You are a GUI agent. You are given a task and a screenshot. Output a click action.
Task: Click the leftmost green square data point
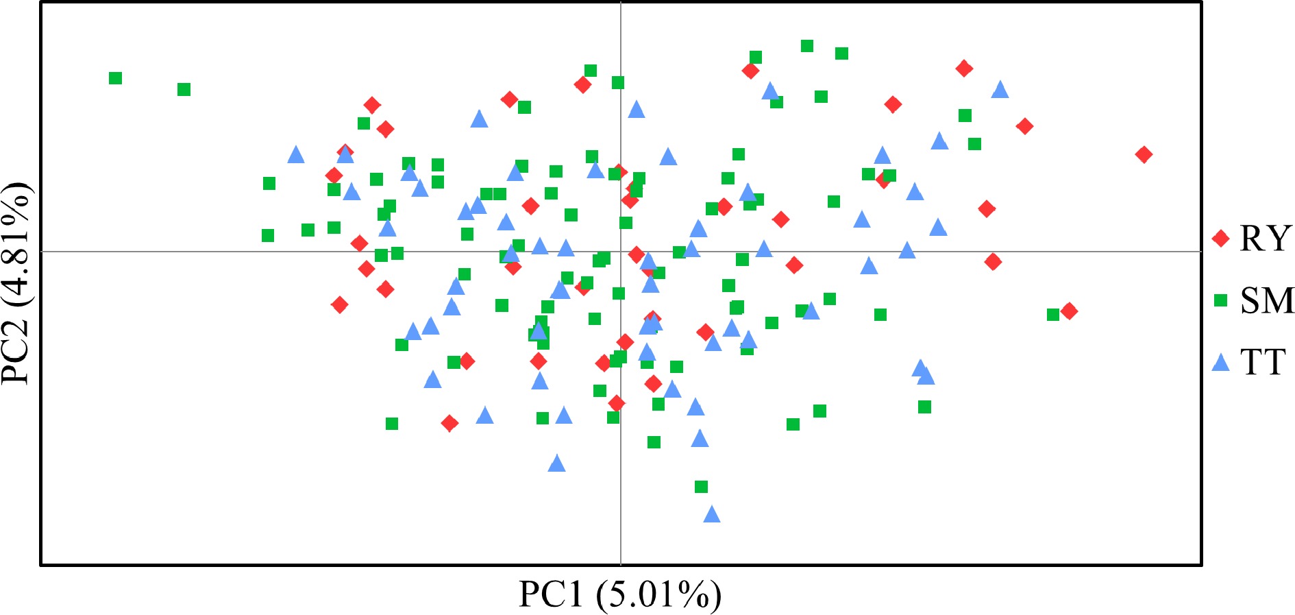click(x=115, y=78)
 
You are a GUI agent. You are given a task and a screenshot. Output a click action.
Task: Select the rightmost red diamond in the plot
click(x=1143, y=154)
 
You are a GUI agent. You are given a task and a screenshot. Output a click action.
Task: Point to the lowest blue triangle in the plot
click(x=712, y=514)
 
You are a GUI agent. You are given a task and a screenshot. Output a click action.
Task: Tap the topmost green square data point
click(x=807, y=46)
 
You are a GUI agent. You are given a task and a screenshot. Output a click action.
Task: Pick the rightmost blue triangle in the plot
click(x=1000, y=90)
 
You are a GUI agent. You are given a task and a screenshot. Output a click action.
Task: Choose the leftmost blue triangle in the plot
click(x=296, y=155)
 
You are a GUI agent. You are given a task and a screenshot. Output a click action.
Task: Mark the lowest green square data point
click(x=701, y=487)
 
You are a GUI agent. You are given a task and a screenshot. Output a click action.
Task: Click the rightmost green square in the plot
click(x=1053, y=315)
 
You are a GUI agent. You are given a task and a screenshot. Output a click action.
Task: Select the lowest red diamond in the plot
click(x=449, y=424)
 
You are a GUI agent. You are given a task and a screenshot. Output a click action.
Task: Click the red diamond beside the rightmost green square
click(x=1069, y=311)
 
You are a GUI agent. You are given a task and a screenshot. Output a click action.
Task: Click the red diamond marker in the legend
click(x=1220, y=239)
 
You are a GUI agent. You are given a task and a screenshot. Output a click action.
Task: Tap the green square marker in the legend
click(x=1220, y=300)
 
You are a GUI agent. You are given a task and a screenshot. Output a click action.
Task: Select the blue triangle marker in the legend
click(x=1220, y=362)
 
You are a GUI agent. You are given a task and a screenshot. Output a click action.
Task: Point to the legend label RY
click(x=1265, y=239)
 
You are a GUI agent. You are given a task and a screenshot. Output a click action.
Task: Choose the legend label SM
click(x=1267, y=300)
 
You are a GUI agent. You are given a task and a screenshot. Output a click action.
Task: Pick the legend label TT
click(x=1262, y=362)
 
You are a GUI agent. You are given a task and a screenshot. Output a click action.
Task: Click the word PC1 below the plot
click(x=551, y=594)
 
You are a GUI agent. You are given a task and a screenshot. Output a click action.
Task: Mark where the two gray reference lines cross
click(x=621, y=252)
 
